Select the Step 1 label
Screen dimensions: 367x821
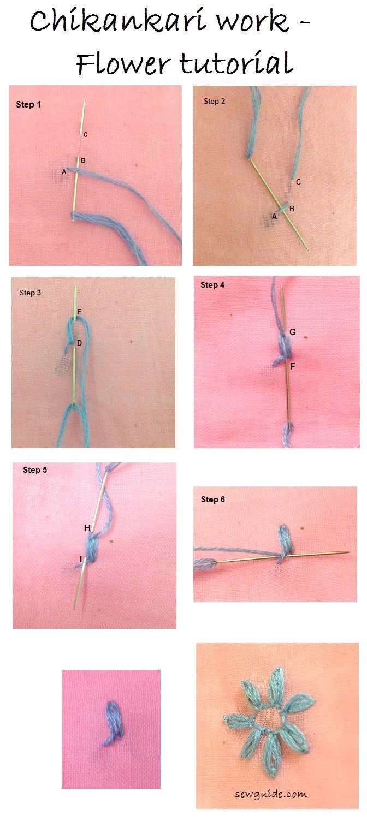pyautogui.click(x=28, y=104)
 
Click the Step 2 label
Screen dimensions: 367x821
pyautogui.click(x=215, y=101)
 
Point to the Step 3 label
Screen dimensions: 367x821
pyautogui.click(x=31, y=293)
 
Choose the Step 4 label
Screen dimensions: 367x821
pyautogui.click(x=212, y=285)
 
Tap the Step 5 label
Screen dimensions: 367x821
pyautogui.click(x=35, y=470)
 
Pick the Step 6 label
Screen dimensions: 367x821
pyautogui.click(x=213, y=499)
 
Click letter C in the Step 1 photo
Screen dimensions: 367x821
pyautogui.click(x=85, y=134)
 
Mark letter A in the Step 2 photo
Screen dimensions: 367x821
pyautogui.click(x=274, y=217)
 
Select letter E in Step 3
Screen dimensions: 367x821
pyautogui.click(x=79, y=312)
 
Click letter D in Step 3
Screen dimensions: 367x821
pyautogui.click(x=79, y=343)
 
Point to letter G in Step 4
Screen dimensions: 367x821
pyautogui.click(x=293, y=332)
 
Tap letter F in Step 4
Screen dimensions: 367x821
pyautogui.click(x=293, y=366)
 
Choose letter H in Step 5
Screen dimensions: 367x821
pyautogui.click(x=87, y=528)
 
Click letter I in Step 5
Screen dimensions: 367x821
pyautogui.click(x=81, y=559)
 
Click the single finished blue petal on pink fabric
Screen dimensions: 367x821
pyautogui.click(x=112, y=723)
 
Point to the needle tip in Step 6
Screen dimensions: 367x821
pyautogui.click(x=348, y=551)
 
